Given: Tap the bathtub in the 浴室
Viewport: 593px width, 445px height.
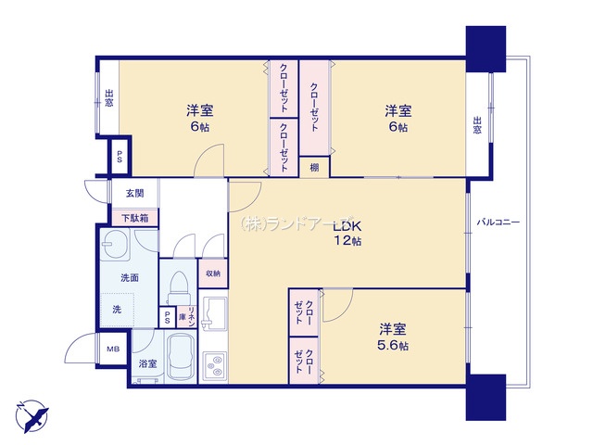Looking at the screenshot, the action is (182, 356).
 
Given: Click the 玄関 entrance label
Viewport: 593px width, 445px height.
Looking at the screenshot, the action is (134, 194).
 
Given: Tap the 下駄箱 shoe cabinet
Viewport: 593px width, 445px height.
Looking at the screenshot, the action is (134, 218).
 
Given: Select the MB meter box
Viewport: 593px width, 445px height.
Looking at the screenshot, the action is (113, 349).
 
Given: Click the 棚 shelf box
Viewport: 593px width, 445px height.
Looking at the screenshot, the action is (314, 167).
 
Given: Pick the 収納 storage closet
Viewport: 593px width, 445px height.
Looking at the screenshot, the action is (213, 273).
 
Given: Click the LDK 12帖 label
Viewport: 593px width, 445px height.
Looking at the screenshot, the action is (347, 234).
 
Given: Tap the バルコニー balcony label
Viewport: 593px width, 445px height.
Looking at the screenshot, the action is (498, 222).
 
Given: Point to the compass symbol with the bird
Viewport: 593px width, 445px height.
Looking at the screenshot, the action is (32, 415).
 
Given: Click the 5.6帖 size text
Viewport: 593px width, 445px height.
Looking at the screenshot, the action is (393, 346).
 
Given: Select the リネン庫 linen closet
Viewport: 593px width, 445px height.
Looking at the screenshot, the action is (187, 317).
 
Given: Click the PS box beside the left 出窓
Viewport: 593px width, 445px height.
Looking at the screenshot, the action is (120, 157).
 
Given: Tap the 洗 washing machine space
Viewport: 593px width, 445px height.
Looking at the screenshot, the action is (117, 310).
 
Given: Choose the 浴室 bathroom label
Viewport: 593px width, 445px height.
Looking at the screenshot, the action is (147, 364).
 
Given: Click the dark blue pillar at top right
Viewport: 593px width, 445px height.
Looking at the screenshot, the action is (486, 49).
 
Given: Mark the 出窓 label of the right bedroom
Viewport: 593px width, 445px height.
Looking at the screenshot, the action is (477, 125).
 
